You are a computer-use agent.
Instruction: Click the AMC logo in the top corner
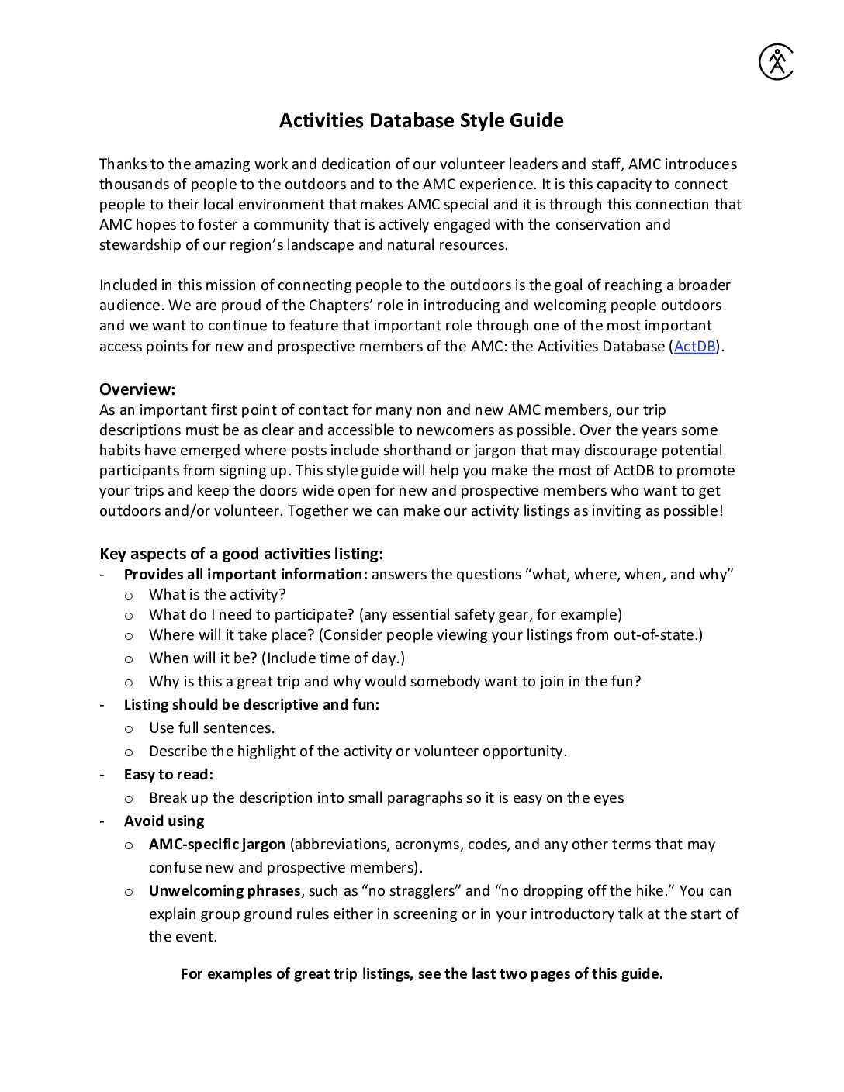coord(776,62)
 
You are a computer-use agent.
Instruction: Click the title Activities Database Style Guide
coord(421,121)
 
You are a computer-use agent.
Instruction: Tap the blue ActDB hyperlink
coord(694,347)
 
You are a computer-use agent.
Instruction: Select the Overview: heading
coord(137,389)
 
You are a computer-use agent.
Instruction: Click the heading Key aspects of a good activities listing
coord(241,554)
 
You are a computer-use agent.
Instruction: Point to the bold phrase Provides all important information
coord(245,575)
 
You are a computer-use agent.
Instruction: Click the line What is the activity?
coord(217,595)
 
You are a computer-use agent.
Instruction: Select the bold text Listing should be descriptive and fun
coord(251,705)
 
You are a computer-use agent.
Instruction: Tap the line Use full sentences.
coord(212,728)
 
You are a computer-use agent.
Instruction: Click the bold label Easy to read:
coord(168,775)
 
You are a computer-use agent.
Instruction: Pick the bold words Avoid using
coord(164,821)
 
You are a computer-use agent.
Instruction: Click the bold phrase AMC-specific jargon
coord(217,845)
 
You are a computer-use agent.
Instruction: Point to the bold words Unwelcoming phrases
coord(224,891)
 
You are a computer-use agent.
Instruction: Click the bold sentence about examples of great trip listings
coord(421,974)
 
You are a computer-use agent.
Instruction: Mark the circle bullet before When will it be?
coord(129,659)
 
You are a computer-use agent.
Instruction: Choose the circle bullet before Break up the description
coord(129,799)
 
